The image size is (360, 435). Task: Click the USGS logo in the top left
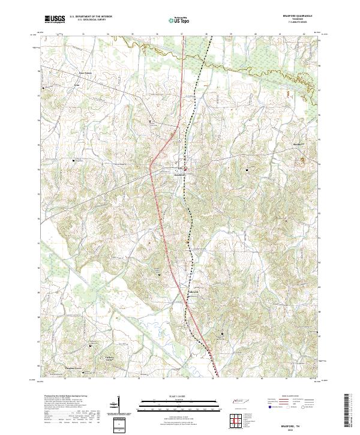coord(55,19)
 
